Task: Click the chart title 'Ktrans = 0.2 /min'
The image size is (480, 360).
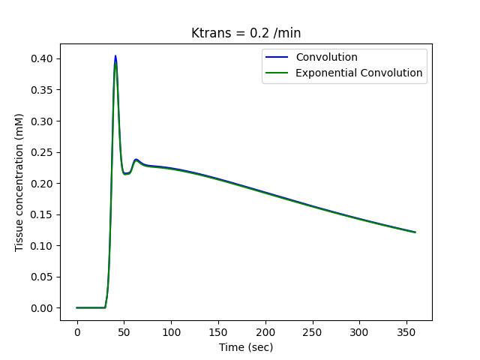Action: point(246,33)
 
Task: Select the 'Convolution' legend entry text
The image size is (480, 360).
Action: point(326,58)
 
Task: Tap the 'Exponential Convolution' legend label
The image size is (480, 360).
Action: point(359,73)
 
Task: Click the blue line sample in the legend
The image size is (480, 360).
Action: point(278,58)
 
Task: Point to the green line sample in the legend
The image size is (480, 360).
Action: point(278,73)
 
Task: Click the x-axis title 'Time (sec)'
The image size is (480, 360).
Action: point(246,347)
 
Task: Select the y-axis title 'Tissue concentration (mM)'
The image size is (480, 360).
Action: point(19,182)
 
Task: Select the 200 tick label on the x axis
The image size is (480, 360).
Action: point(265,332)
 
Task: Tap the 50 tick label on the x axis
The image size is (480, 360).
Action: point(124,332)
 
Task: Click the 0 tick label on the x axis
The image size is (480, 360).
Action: point(77,332)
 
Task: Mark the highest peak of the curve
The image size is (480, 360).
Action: point(115,56)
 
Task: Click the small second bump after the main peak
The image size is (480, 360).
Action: point(136,160)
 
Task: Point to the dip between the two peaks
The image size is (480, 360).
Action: point(126,173)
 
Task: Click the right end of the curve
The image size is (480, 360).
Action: point(415,232)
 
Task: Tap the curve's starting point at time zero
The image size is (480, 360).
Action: point(77,307)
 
